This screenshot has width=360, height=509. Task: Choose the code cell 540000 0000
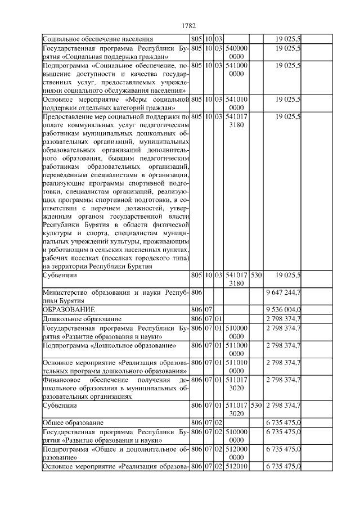click(x=236, y=52)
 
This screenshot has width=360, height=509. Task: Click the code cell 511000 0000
click(x=236, y=349)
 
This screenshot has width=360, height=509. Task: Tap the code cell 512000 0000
click(x=236, y=453)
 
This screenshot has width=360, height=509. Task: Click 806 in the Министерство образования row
click(x=196, y=293)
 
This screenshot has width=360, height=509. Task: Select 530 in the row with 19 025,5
click(x=256, y=276)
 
